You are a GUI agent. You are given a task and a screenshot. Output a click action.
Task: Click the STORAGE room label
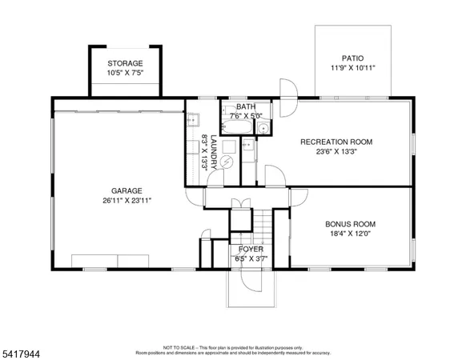[x=125, y=63]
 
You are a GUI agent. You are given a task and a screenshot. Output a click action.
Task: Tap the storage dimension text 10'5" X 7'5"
[x=125, y=74]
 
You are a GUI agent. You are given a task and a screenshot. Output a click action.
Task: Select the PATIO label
[x=352, y=58]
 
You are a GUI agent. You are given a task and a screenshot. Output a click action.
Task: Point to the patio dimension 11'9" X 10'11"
[x=352, y=69]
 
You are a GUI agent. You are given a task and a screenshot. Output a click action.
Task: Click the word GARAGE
[x=127, y=190]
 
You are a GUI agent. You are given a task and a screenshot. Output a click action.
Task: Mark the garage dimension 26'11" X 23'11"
[x=127, y=201]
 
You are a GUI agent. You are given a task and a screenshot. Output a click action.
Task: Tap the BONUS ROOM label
[x=350, y=224]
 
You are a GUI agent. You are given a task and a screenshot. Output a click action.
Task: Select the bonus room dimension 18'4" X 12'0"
[x=350, y=234]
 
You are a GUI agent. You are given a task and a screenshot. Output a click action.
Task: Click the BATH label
[x=246, y=106]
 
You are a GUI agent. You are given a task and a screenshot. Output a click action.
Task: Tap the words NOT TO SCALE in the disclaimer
[x=177, y=348]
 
